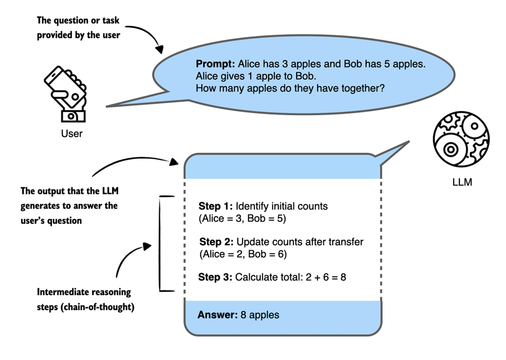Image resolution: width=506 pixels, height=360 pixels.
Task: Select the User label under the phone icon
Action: pos(71,133)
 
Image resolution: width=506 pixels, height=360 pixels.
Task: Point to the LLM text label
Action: pos(461,183)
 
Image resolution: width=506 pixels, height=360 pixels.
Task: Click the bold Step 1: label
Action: pos(216,206)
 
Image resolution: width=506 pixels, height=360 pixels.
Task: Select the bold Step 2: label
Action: pos(217,242)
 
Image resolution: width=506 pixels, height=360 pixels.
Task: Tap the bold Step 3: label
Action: pos(216,277)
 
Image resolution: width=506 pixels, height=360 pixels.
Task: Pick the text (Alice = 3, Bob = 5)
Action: pos(242,219)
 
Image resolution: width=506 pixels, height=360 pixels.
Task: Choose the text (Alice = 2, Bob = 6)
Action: pos(243,254)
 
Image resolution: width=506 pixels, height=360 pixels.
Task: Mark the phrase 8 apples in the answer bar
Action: pos(260,315)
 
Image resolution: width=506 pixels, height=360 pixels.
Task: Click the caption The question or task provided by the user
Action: pos(78,28)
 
